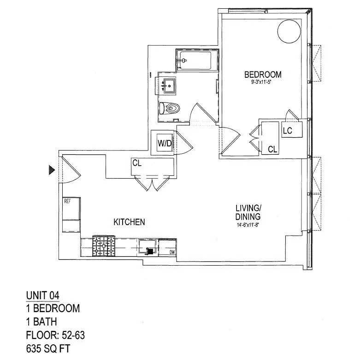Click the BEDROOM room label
[262, 74]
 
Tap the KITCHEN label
[129, 222]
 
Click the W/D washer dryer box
[165, 143]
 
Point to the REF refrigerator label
[67, 201]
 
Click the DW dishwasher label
[172, 252]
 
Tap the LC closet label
[288, 131]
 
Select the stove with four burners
[105, 246]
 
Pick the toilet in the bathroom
[171, 109]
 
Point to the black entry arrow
[52, 170]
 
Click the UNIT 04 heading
[42, 295]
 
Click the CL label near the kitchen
[136, 163]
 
